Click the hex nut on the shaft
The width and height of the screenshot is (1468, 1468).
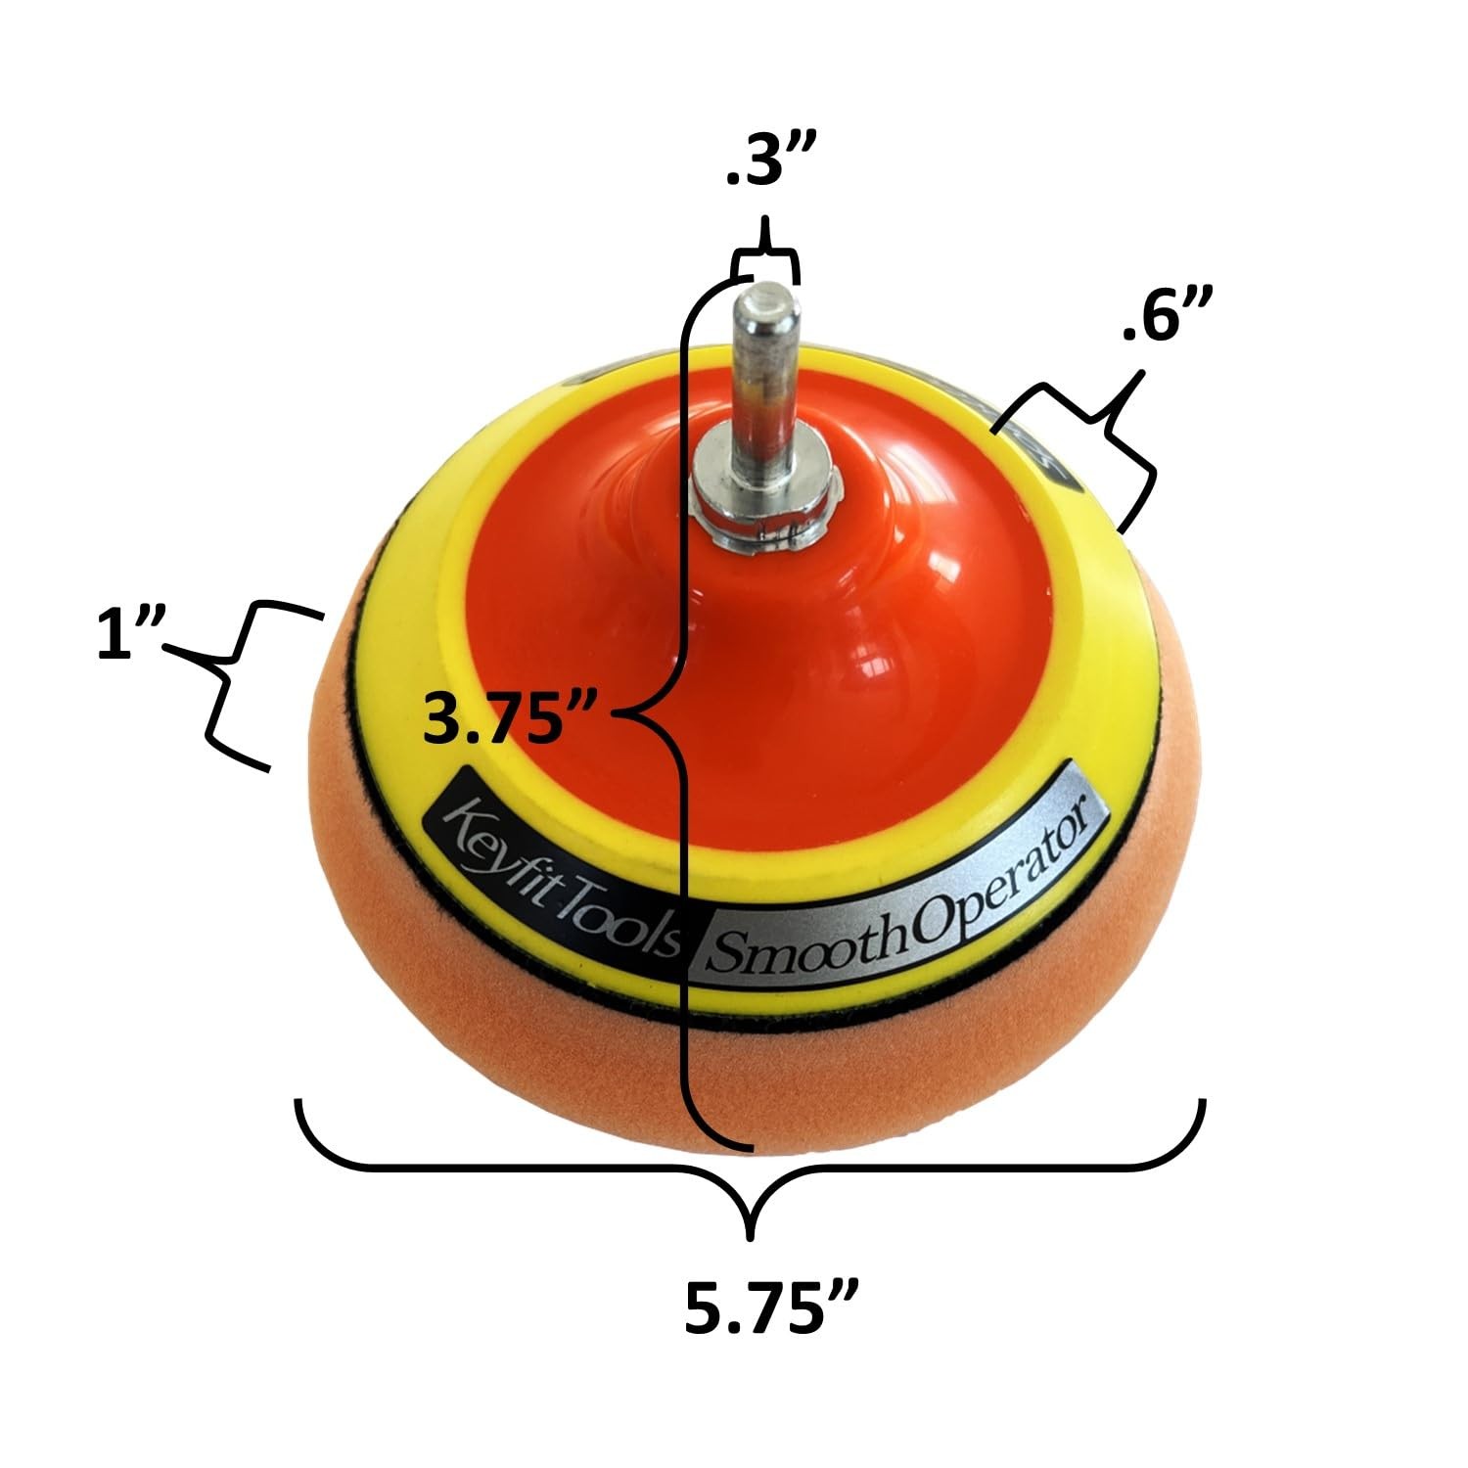tap(768, 509)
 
